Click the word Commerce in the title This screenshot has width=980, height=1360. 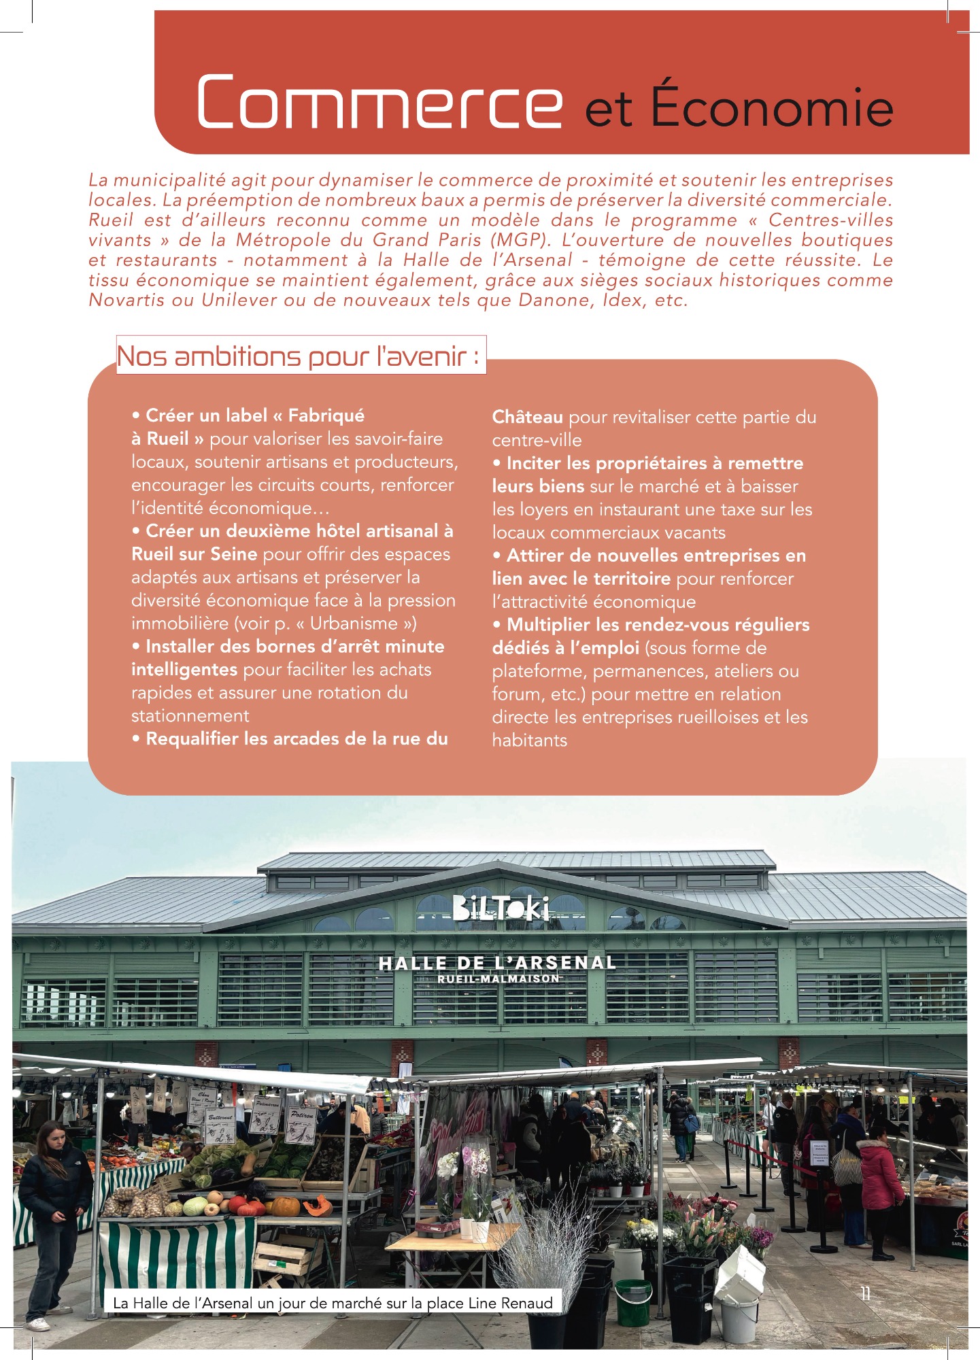[x=379, y=102]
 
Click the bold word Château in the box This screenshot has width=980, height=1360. [x=527, y=417]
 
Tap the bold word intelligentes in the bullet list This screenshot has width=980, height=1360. [x=184, y=670]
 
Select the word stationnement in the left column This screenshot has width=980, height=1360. [x=190, y=716]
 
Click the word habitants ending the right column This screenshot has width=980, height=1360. [x=529, y=741]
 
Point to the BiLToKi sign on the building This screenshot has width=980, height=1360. [x=501, y=908]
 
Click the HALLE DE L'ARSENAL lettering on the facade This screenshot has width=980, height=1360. [x=497, y=963]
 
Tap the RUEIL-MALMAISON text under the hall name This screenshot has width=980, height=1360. [x=499, y=979]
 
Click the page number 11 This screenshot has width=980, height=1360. [x=865, y=1293]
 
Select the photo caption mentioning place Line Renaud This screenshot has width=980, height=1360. [x=333, y=1304]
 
